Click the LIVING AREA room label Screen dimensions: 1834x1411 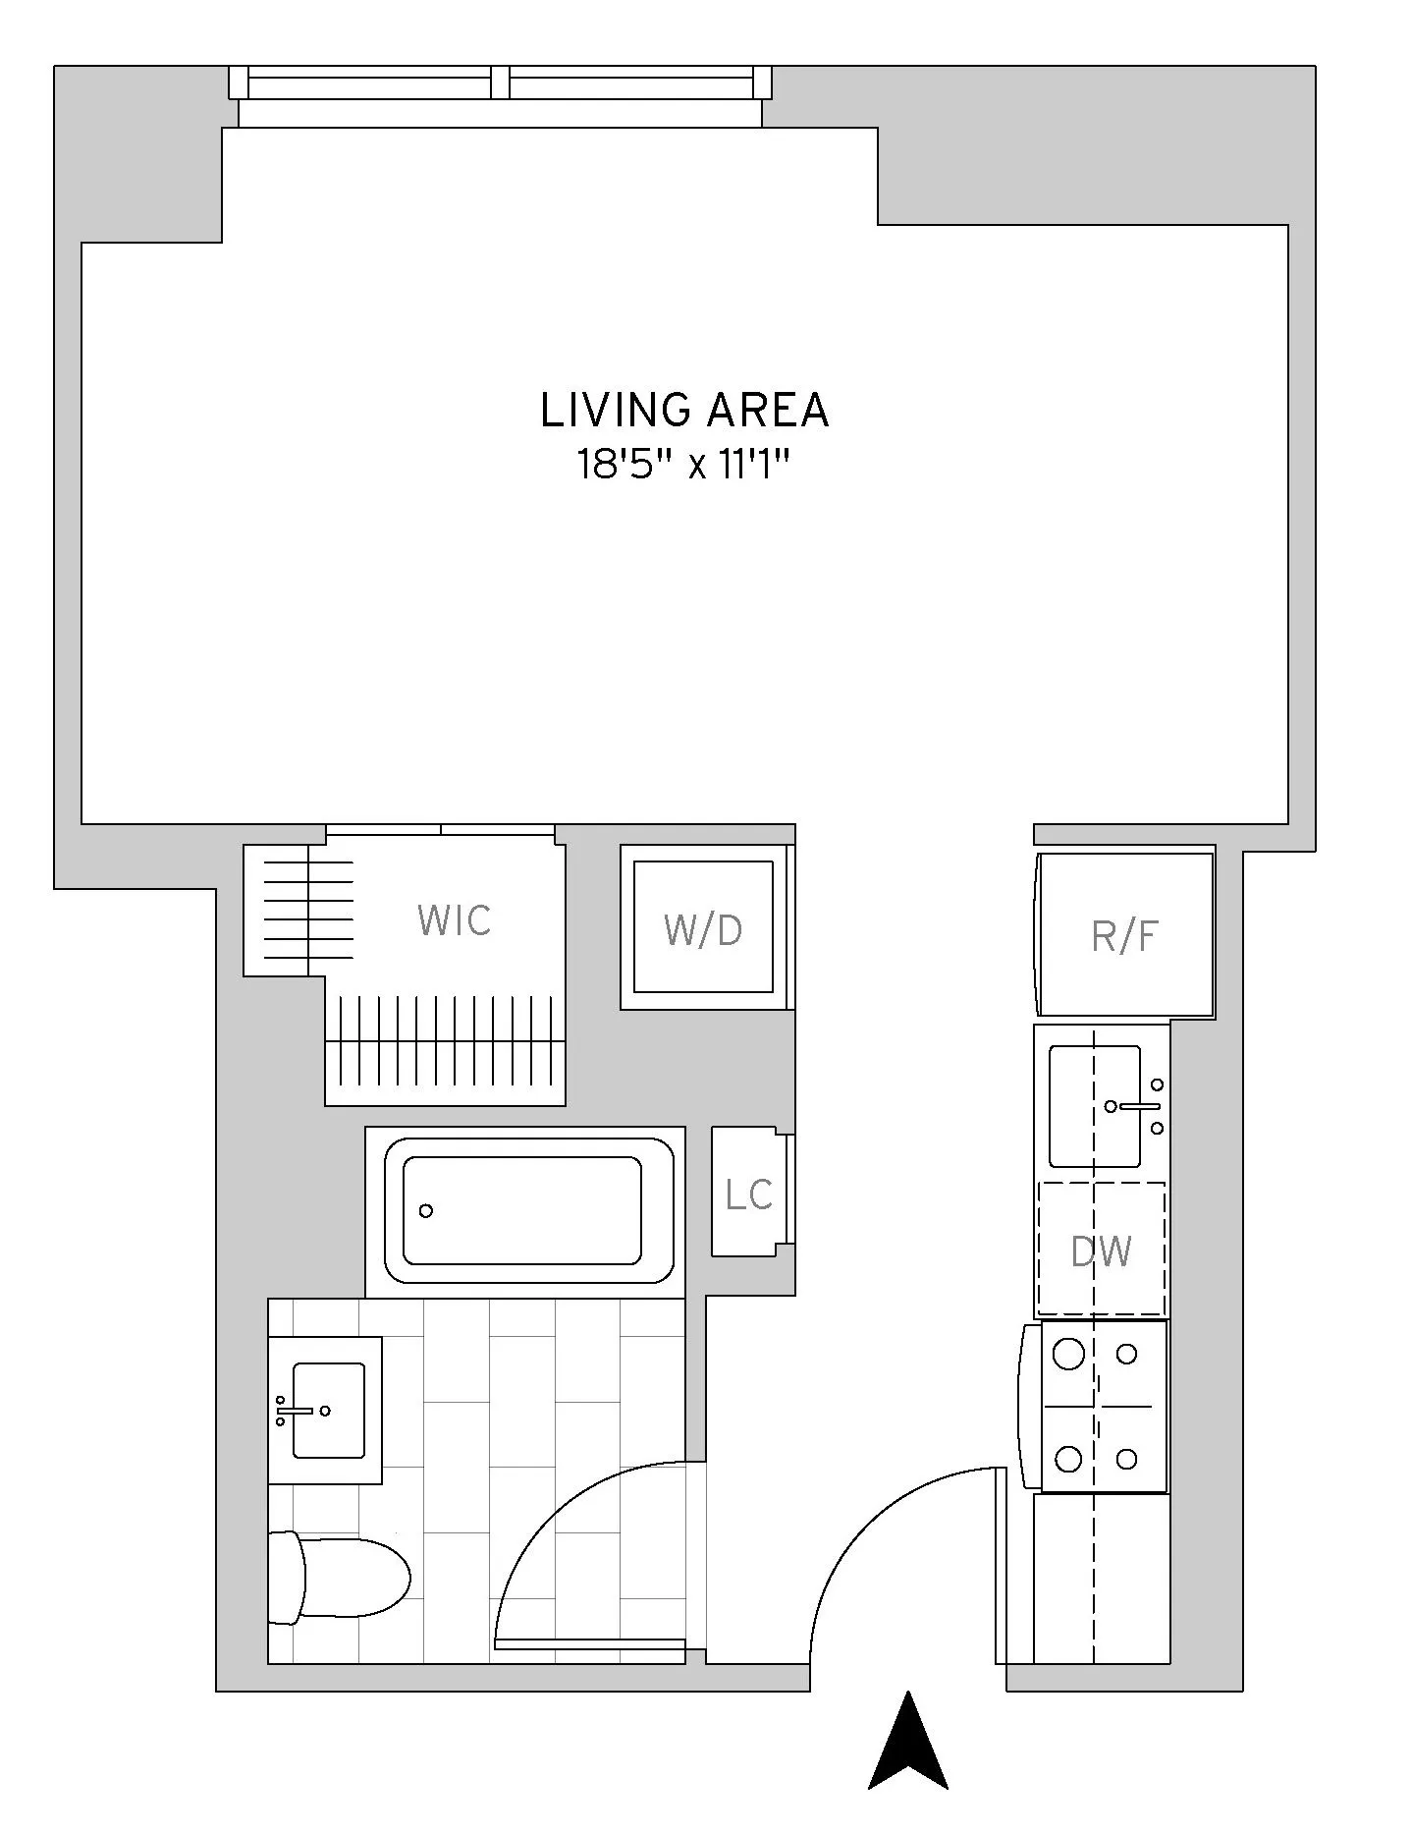[x=684, y=411]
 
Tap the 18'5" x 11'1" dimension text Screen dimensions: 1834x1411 [x=684, y=465]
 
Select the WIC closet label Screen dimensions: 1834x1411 [x=454, y=921]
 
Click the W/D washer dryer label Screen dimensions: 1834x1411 [x=703, y=930]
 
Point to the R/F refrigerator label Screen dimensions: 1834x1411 [x=1124, y=937]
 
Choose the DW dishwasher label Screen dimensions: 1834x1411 [x=1101, y=1251]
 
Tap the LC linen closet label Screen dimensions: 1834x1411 [x=748, y=1195]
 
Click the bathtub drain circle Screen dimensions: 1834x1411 [x=425, y=1210]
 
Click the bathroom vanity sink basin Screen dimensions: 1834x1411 [x=329, y=1410]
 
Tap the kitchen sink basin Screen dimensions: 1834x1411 [x=1094, y=1105]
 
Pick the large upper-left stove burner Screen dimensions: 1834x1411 [x=1068, y=1355]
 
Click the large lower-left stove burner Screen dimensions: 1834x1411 [x=1068, y=1459]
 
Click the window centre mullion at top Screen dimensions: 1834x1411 [x=500, y=83]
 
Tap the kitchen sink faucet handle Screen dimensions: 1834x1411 [x=1139, y=1106]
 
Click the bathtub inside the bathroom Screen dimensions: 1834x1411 [x=524, y=1210]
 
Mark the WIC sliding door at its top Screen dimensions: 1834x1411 [x=440, y=830]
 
